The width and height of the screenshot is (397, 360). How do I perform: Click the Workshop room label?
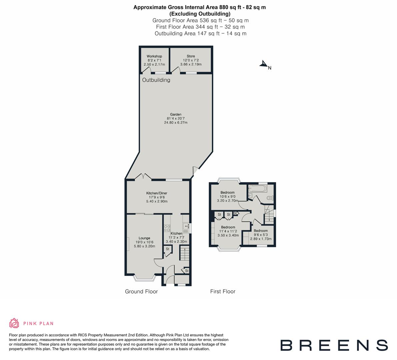[154, 56]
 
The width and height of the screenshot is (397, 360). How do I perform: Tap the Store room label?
[191, 56]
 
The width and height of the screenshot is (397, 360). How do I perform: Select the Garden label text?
[176, 115]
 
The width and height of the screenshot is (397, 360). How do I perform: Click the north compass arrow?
[264, 64]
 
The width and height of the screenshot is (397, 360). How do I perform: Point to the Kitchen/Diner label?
[157, 193]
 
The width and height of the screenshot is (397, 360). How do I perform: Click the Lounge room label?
[144, 238]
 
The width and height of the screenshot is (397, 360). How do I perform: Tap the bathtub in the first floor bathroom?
[257, 189]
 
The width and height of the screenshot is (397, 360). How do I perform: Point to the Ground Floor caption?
[141, 292]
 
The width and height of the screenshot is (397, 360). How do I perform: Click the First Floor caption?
[223, 292]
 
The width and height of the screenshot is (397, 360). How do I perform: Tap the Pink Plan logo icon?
[14, 323]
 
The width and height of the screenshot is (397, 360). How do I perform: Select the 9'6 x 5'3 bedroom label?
[261, 231]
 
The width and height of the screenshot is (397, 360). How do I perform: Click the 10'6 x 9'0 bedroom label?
[228, 193]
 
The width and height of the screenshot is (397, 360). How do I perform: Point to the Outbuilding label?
[156, 80]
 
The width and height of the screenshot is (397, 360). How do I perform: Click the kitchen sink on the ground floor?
[186, 227]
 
